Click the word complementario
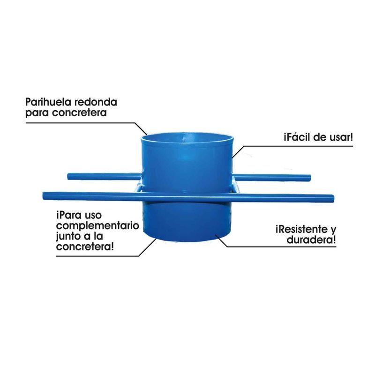click(97, 226)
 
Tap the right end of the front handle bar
click(332, 198)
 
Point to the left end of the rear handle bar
click(69, 176)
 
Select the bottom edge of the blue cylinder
click(187, 240)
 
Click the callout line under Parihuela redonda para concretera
click(80, 123)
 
